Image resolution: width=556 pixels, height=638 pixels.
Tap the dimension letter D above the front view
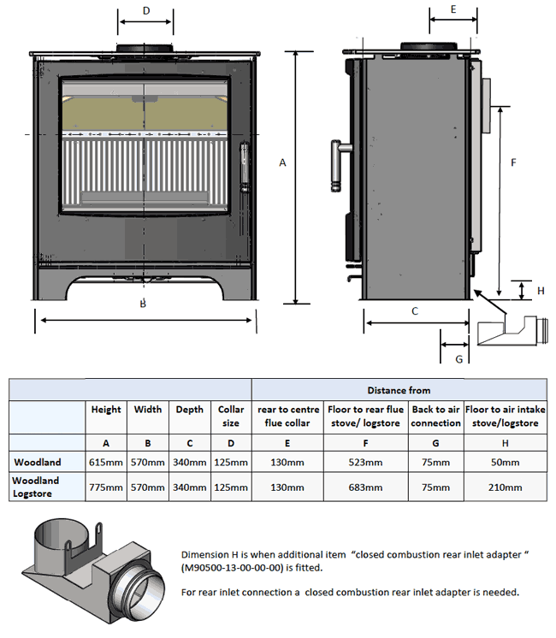pos(146,10)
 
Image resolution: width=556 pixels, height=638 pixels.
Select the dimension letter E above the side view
pos(452,9)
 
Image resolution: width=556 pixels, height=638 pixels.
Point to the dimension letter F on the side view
pos(512,162)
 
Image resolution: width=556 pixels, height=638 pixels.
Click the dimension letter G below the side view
pos(458,358)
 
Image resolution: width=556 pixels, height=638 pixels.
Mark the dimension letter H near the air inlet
pos(540,291)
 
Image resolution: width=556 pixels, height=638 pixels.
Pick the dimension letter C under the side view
pos(415,311)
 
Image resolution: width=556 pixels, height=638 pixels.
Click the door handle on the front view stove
pos(245,167)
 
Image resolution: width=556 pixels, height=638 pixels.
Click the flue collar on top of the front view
pos(145,47)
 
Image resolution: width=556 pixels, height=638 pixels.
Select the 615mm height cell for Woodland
pos(106,463)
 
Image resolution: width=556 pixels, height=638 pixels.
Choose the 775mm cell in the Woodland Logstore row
pos(106,487)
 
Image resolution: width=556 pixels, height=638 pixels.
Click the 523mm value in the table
pos(366,463)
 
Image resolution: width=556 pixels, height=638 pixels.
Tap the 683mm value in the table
pos(366,487)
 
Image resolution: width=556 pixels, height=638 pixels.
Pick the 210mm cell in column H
pos(505,487)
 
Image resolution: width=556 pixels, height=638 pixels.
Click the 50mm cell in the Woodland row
pos(505,463)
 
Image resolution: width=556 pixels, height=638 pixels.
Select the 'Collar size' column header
pos(231,416)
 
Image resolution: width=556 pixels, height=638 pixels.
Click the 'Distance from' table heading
pos(399,390)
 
